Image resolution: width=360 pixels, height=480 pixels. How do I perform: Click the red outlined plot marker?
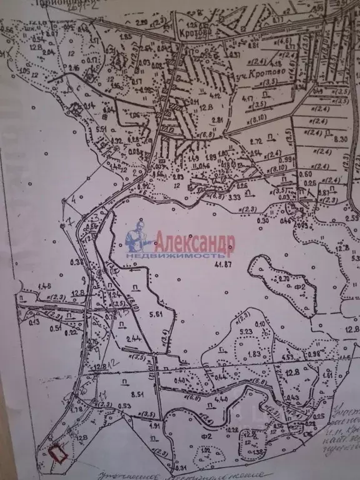click(58, 452)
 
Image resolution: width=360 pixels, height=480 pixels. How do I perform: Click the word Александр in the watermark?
click(194, 241)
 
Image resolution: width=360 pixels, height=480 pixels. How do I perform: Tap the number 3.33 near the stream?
click(217, 197)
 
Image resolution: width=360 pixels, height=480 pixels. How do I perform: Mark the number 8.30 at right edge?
click(341, 139)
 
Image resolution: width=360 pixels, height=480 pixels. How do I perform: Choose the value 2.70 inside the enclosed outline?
click(283, 279)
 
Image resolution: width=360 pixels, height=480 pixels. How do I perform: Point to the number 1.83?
click(253, 354)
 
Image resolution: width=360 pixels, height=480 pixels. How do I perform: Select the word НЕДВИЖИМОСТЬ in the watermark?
click(176, 256)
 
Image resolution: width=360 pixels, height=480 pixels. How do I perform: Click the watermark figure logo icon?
click(138, 237)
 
